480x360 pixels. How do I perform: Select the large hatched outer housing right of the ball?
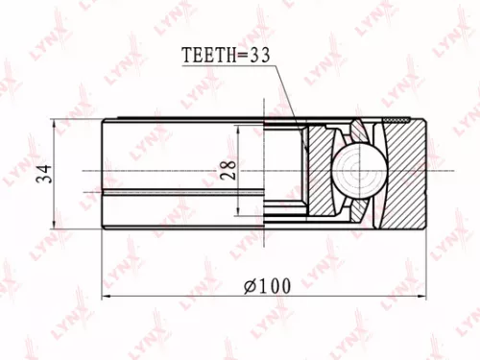click(403, 173)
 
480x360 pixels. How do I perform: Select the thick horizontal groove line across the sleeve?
click(182, 193)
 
